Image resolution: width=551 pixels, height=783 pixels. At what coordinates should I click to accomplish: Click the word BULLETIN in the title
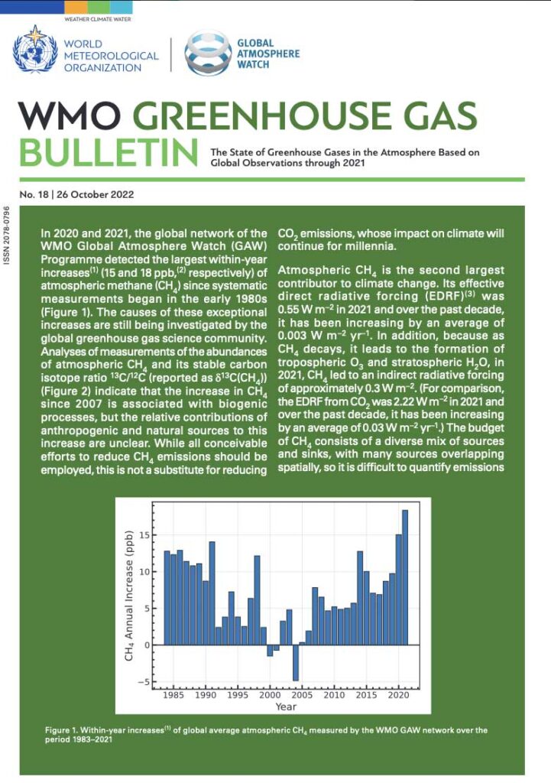click(106, 153)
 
